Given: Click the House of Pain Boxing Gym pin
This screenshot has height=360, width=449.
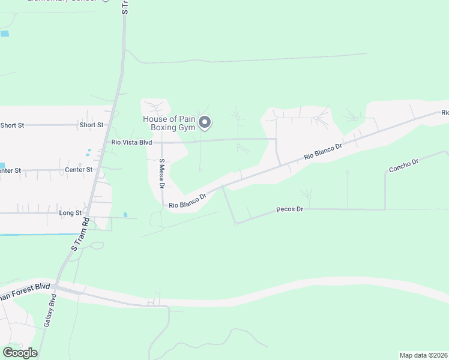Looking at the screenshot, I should click(x=205, y=122).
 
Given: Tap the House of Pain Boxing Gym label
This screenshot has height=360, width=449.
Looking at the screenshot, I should click(x=170, y=123).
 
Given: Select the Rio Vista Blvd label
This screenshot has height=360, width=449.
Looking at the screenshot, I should click(x=131, y=142).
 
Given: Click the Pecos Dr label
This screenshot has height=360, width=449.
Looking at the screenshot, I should click(x=290, y=209).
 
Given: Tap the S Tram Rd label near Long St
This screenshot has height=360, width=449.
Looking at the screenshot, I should click(x=80, y=234).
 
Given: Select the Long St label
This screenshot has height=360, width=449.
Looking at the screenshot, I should click(x=70, y=213).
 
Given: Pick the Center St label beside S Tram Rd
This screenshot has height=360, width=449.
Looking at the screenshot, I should click(x=79, y=170).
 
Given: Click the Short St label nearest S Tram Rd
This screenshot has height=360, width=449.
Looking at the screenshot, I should click(x=91, y=125).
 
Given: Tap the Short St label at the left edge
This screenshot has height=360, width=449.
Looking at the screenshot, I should click(x=12, y=125).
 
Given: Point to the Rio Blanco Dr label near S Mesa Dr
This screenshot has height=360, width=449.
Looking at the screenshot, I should click(x=187, y=201).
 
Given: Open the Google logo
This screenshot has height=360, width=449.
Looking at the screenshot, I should click(x=20, y=353).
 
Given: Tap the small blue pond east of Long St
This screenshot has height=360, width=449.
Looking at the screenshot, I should click(x=125, y=214).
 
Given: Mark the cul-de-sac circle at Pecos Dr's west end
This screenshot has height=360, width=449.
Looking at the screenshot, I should click(x=236, y=224).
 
